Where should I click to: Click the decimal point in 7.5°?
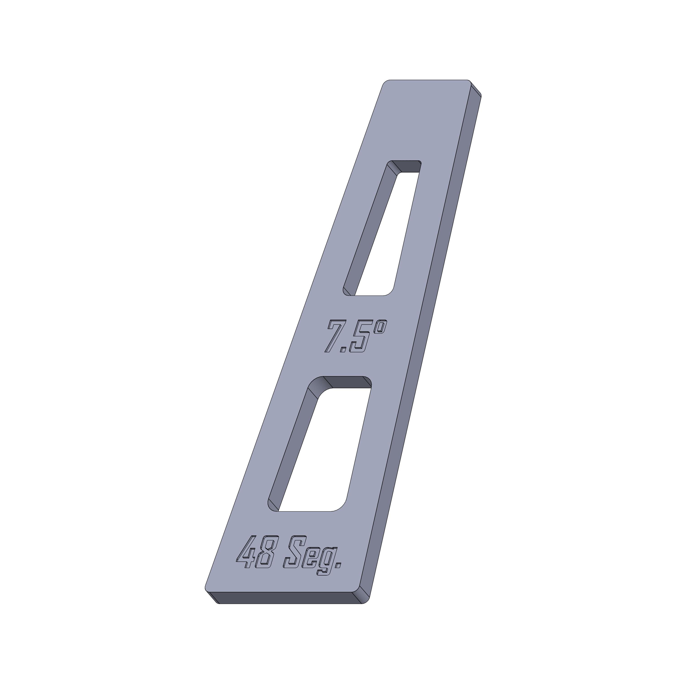344,349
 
